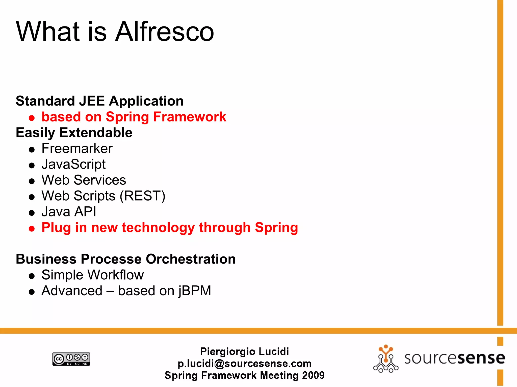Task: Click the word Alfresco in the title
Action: tap(165, 32)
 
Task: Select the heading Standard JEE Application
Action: tap(99, 101)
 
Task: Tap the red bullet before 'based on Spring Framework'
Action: tap(32, 118)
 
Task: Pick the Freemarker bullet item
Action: tap(77, 148)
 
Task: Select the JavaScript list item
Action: tap(73, 164)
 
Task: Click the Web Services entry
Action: tap(84, 180)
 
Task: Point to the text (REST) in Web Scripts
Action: tap(142, 196)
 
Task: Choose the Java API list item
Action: tap(69, 212)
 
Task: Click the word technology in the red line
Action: tap(158, 228)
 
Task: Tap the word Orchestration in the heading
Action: tap(191, 259)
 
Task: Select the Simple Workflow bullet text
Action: tap(92, 275)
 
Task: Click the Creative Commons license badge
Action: tap(71, 359)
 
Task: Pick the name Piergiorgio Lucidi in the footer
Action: tap(244, 351)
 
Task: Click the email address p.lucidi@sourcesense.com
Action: tap(244, 364)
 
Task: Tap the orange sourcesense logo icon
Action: tap(385, 359)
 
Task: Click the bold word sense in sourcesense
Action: tap(481, 358)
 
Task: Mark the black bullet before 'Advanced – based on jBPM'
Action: tap(32, 292)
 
